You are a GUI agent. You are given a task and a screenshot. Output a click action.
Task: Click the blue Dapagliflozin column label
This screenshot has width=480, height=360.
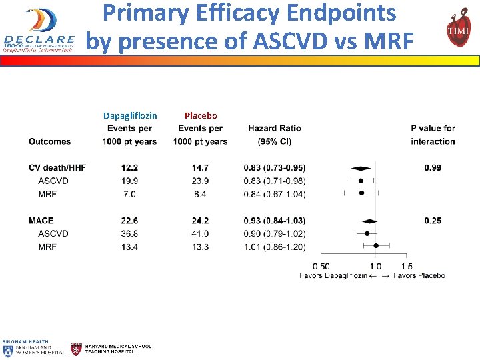pos(130,115)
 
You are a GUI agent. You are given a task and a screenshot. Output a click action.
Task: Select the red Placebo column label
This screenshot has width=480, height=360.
pos(201,115)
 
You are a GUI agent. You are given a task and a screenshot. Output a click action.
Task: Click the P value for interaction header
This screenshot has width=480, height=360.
pos(433,134)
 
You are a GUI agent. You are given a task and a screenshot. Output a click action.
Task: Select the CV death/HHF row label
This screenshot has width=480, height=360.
pos(57,167)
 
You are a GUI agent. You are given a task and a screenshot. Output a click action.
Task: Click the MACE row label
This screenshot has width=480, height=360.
pos(41,221)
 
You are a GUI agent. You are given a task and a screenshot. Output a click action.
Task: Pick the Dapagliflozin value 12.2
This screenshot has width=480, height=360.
pos(129,167)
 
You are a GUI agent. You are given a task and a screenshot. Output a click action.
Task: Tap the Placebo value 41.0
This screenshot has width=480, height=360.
pos(200,233)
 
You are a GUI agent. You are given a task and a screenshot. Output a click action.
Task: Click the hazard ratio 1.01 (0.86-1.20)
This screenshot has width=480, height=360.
pos(274,247)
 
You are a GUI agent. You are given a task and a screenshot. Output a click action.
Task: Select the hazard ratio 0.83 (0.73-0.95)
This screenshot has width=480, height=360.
pos(274,167)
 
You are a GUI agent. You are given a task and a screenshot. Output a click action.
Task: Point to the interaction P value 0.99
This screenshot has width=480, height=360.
pos(433,167)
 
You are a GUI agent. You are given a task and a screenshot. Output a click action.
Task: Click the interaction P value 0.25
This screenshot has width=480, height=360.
pos(433,221)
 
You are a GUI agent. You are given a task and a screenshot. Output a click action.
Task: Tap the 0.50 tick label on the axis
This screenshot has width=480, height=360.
pos(321,266)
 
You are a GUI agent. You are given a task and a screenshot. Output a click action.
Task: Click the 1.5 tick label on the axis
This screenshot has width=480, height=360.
pos(407,266)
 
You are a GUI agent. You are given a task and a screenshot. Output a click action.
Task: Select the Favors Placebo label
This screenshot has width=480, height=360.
pos(419,275)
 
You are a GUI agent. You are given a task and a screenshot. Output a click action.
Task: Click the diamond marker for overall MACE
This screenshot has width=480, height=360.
pos(367,221)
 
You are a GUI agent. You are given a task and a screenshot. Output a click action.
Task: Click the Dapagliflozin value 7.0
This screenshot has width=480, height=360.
pos(129,194)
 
